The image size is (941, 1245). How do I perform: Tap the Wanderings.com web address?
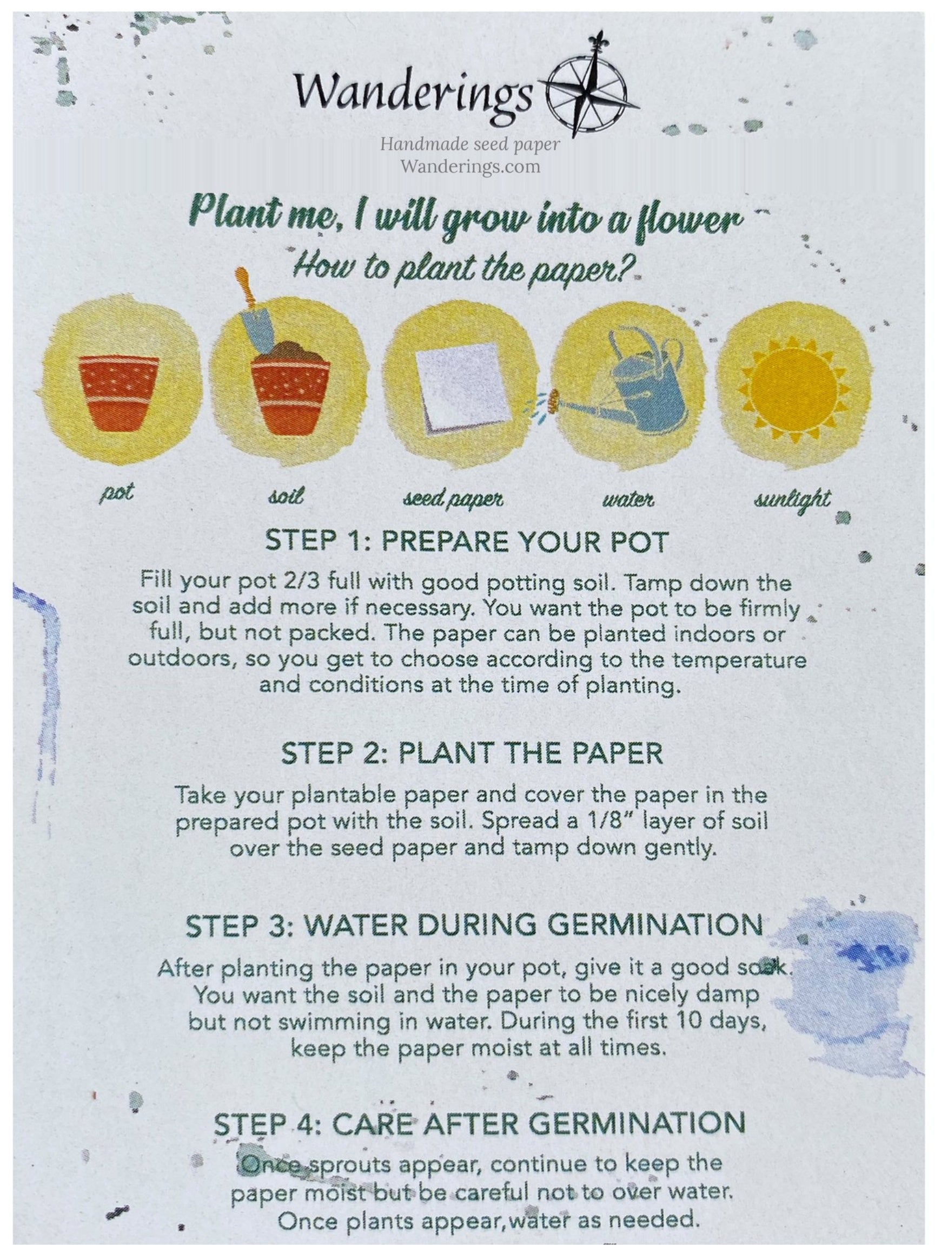[x=469, y=166]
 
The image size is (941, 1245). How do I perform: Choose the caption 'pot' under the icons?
[x=117, y=493]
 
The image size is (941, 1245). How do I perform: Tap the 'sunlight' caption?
[x=792, y=499]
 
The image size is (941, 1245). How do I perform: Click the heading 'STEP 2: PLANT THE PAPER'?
[x=472, y=753]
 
